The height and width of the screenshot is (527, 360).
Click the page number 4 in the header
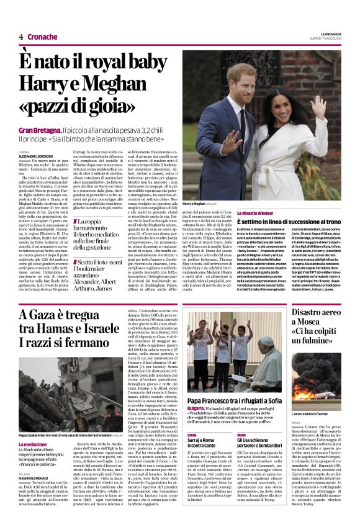pos(20,37)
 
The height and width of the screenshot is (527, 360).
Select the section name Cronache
pos(42,37)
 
